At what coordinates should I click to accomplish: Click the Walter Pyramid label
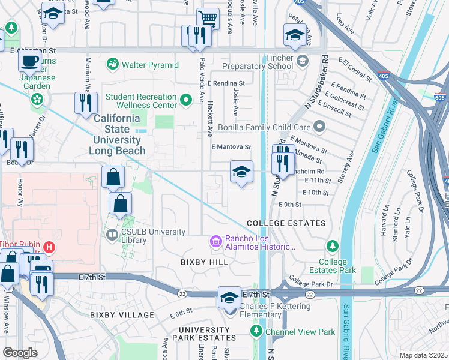tap(151, 64)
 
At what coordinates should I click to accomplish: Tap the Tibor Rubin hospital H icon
tap(50, 246)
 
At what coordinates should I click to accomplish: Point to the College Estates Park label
tap(333, 266)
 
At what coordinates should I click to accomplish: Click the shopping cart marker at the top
tap(208, 18)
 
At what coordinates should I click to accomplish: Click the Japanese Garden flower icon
tap(38, 98)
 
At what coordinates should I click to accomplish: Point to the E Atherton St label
tap(28, 51)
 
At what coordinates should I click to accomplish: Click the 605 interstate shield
tap(440, 97)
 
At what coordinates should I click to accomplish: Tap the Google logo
tap(20, 353)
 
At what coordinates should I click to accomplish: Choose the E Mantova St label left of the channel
tap(231, 146)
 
